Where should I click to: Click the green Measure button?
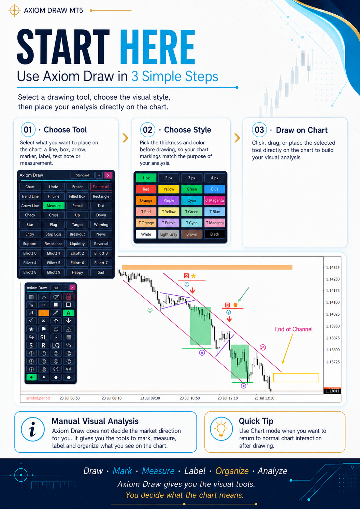(x=54, y=206)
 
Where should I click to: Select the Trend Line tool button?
(x=30, y=196)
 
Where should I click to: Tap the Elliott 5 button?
(x=54, y=263)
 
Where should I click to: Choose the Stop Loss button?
(x=54, y=234)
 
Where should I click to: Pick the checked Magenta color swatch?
(x=215, y=200)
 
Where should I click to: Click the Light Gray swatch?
(x=169, y=234)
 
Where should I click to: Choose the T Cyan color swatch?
(x=192, y=223)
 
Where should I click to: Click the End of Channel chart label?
(x=294, y=329)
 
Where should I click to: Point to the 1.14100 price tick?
(x=333, y=302)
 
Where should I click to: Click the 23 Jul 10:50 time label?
(x=190, y=398)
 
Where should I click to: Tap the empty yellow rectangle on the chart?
(x=296, y=378)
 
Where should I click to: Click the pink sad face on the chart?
(x=263, y=348)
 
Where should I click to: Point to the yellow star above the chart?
(x=193, y=276)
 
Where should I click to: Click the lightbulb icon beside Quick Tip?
(x=221, y=429)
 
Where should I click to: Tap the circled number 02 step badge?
(x=148, y=130)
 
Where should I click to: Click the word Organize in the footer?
(x=232, y=471)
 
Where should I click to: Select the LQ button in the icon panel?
(x=56, y=345)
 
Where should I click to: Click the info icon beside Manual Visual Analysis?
(x=33, y=429)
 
